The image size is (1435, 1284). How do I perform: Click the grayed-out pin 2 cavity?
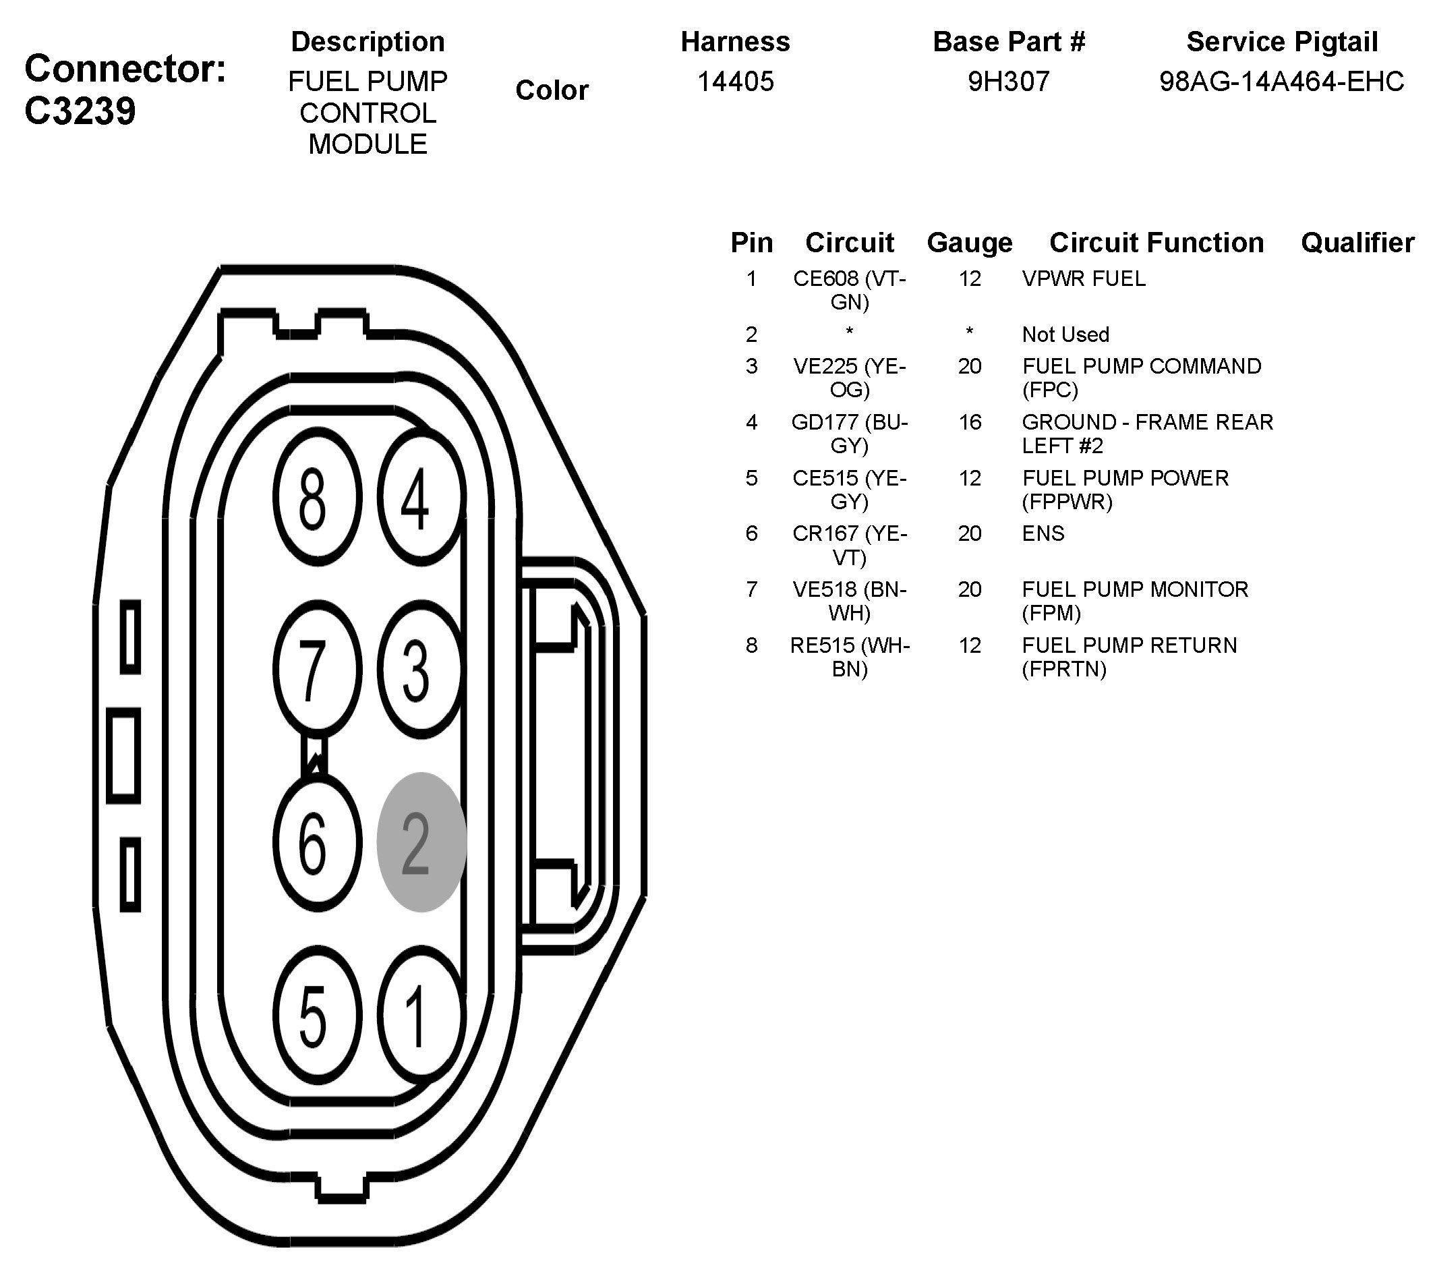pyautogui.click(x=421, y=842)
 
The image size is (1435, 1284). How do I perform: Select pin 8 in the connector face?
pyautogui.click(x=317, y=496)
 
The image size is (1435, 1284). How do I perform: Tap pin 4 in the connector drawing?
pyautogui.click(x=421, y=496)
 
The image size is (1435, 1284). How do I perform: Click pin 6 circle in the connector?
pyautogui.click(x=317, y=842)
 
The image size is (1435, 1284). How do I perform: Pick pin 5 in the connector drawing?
pyautogui.click(x=317, y=1014)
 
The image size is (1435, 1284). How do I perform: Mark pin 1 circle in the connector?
pyautogui.click(x=421, y=1014)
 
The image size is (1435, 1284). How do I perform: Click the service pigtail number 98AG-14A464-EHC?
pyautogui.click(x=1281, y=82)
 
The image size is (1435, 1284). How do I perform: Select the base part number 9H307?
pyautogui.click(x=1008, y=82)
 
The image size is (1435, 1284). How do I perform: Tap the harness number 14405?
pyautogui.click(x=735, y=82)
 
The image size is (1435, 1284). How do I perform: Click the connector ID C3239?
pyautogui.click(x=80, y=111)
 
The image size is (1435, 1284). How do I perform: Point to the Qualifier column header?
pyautogui.click(x=1357, y=243)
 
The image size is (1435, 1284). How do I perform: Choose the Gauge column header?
pyautogui.click(x=969, y=243)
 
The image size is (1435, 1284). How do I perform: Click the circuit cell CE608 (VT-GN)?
pyautogui.click(x=850, y=290)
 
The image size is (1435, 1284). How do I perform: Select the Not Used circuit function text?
pyautogui.click(x=1065, y=334)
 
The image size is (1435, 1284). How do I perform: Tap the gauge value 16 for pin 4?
pyautogui.click(x=969, y=422)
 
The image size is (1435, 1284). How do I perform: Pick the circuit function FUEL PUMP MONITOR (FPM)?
pyautogui.click(x=1134, y=600)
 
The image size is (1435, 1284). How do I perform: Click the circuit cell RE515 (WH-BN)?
pyautogui.click(x=850, y=656)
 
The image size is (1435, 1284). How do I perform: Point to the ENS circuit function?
pyautogui.click(x=1043, y=533)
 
